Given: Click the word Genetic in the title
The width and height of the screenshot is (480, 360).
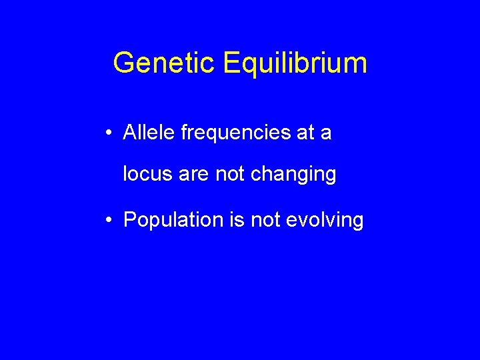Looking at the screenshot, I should coord(165,63).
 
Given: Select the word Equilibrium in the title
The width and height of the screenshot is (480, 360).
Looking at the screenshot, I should coord(295,63).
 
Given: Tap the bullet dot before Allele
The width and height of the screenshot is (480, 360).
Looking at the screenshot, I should coord(109,133).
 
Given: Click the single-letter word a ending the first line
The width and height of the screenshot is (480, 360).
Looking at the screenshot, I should coord(325,135).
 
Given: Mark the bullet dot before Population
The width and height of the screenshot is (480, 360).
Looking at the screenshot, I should coord(109,219).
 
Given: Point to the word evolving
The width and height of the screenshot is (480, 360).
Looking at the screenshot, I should coord(324,221).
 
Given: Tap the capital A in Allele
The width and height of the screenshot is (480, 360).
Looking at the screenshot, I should coord(131,133).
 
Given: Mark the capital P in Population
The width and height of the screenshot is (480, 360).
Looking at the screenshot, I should coord(130,219).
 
